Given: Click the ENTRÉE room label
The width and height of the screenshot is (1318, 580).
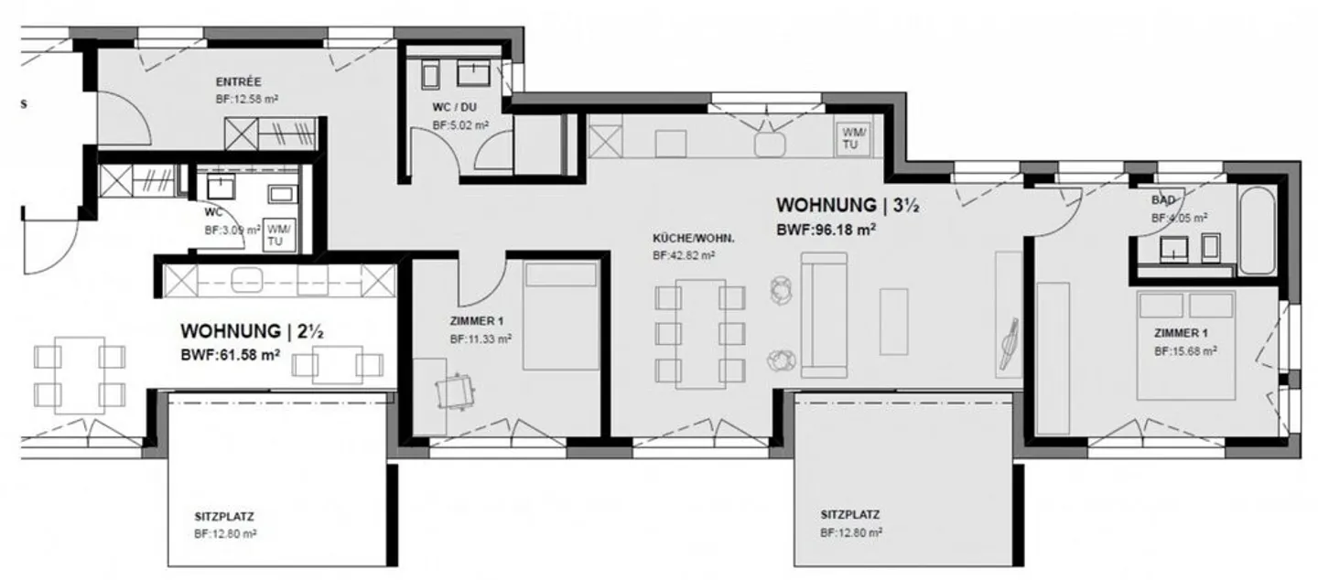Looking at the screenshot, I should (x=239, y=81).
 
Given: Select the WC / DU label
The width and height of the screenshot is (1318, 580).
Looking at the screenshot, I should (x=455, y=107).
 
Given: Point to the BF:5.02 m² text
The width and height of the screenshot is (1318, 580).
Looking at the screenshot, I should (x=459, y=125).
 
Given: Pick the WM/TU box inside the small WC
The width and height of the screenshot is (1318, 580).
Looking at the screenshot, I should (x=276, y=235).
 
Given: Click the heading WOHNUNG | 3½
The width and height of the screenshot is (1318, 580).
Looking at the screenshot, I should (x=847, y=206).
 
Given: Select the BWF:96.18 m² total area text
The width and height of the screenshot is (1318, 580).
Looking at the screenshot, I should (x=826, y=231).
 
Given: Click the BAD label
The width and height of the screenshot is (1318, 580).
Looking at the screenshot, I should (x=1164, y=199).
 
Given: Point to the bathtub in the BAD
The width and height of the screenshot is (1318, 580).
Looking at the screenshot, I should (x=1256, y=231).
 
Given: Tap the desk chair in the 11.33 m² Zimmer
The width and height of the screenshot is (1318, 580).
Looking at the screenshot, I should (x=456, y=392).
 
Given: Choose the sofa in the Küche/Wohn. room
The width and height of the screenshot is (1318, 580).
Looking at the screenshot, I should (x=825, y=315).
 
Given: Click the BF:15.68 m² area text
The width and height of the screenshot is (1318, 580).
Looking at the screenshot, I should (x=1184, y=351).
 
